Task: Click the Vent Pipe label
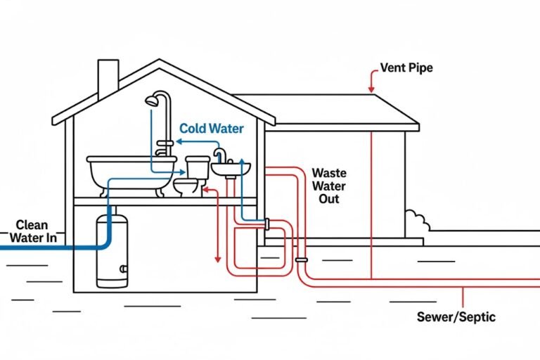406,68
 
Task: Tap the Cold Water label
211,129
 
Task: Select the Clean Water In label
32,231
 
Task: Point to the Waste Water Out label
325,186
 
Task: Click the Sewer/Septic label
456,316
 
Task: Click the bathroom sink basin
230,169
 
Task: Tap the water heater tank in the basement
112,251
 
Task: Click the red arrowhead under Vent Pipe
370,89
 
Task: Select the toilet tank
197,166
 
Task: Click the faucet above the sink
220,154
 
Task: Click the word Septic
477,316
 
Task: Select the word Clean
32,225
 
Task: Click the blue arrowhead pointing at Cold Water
179,141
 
